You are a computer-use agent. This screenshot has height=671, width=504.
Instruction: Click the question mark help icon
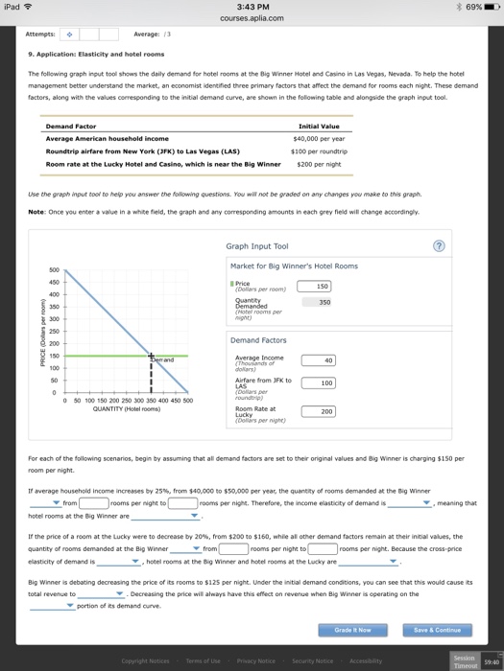pos(440,245)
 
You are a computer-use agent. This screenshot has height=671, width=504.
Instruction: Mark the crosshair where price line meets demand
pos(150,356)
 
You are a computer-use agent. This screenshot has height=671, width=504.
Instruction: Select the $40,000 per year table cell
pos(316,138)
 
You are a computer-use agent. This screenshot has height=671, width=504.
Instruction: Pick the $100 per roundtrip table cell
pos(316,150)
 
